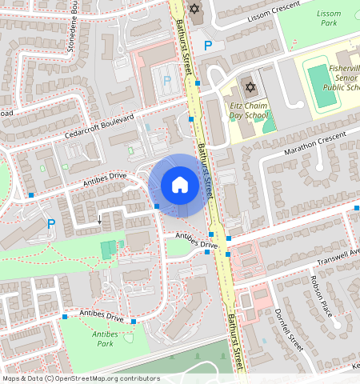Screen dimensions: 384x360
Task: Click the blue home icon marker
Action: click(x=180, y=186)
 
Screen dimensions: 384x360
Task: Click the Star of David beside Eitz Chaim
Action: click(x=249, y=86)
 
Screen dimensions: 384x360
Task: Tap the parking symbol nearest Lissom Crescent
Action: click(x=208, y=46)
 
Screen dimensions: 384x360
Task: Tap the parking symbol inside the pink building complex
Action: click(x=166, y=81)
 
